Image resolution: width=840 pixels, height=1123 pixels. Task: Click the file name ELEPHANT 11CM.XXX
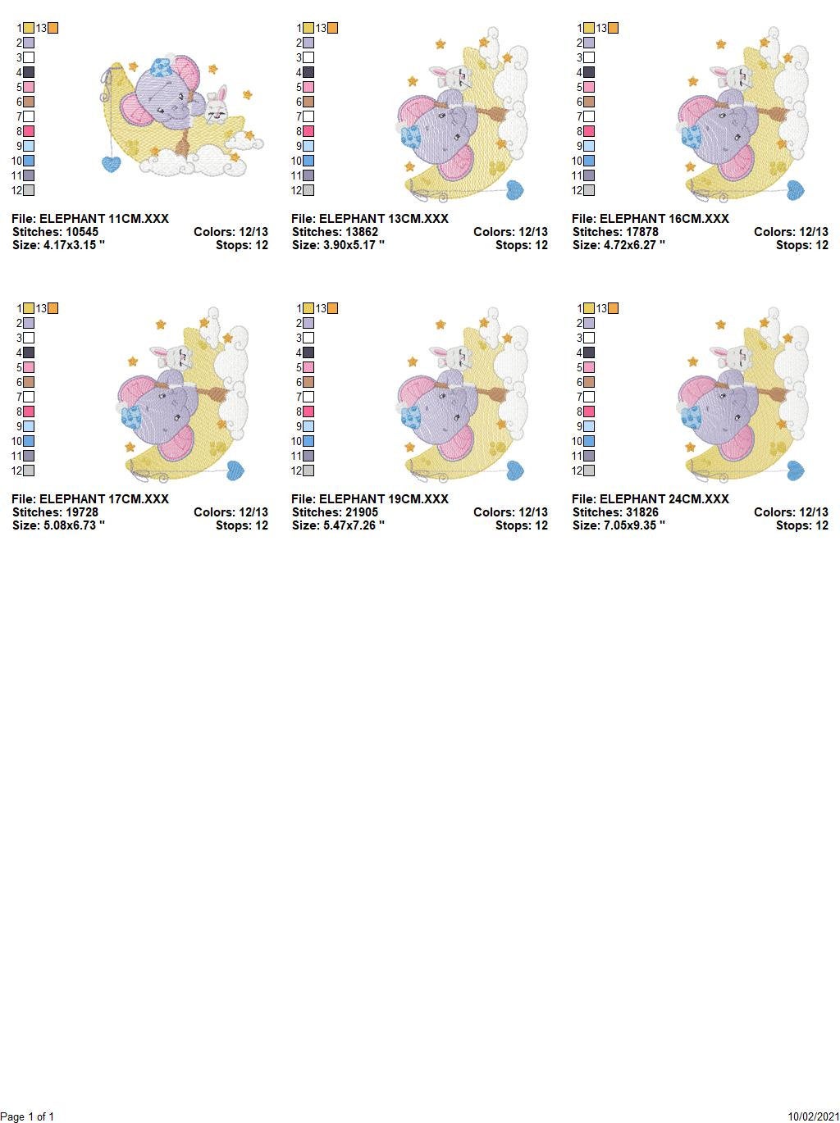(x=90, y=219)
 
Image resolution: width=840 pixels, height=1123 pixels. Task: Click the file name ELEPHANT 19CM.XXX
(x=370, y=499)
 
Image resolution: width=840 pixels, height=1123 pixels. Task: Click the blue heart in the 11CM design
(x=112, y=163)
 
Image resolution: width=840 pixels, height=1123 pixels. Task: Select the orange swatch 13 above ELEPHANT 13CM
(x=332, y=28)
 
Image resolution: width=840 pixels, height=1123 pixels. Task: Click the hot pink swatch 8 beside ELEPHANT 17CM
(x=29, y=411)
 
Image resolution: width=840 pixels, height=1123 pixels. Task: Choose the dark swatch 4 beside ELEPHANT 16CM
(x=589, y=72)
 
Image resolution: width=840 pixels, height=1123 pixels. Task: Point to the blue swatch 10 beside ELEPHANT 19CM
(x=308, y=441)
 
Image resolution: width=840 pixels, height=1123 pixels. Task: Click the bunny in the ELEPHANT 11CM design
(x=217, y=106)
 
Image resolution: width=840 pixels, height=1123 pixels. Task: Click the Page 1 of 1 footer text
(x=28, y=1116)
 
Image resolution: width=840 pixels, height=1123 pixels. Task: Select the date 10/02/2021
(x=814, y=1116)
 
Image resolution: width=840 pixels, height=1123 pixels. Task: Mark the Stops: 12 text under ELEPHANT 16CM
(x=802, y=245)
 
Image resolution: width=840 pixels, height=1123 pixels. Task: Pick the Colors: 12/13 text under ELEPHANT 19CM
(x=510, y=512)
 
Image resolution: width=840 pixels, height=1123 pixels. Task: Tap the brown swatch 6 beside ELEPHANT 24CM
(x=589, y=382)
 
